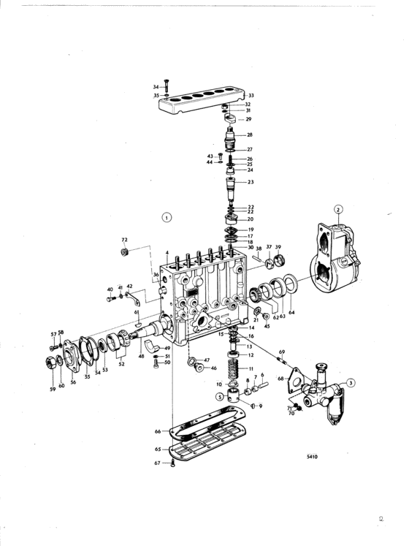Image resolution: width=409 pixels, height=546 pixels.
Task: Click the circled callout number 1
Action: [167, 218]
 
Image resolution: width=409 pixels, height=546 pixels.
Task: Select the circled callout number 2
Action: [337, 209]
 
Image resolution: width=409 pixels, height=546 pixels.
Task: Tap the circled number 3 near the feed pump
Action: [351, 383]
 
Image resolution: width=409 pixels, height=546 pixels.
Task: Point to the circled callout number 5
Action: [220, 396]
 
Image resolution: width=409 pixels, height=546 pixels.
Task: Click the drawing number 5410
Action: [312, 457]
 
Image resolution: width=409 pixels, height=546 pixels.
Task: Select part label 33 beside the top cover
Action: [251, 96]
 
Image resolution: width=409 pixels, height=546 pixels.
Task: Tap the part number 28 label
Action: [250, 134]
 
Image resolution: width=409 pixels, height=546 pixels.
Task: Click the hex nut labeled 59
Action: [49, 363]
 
